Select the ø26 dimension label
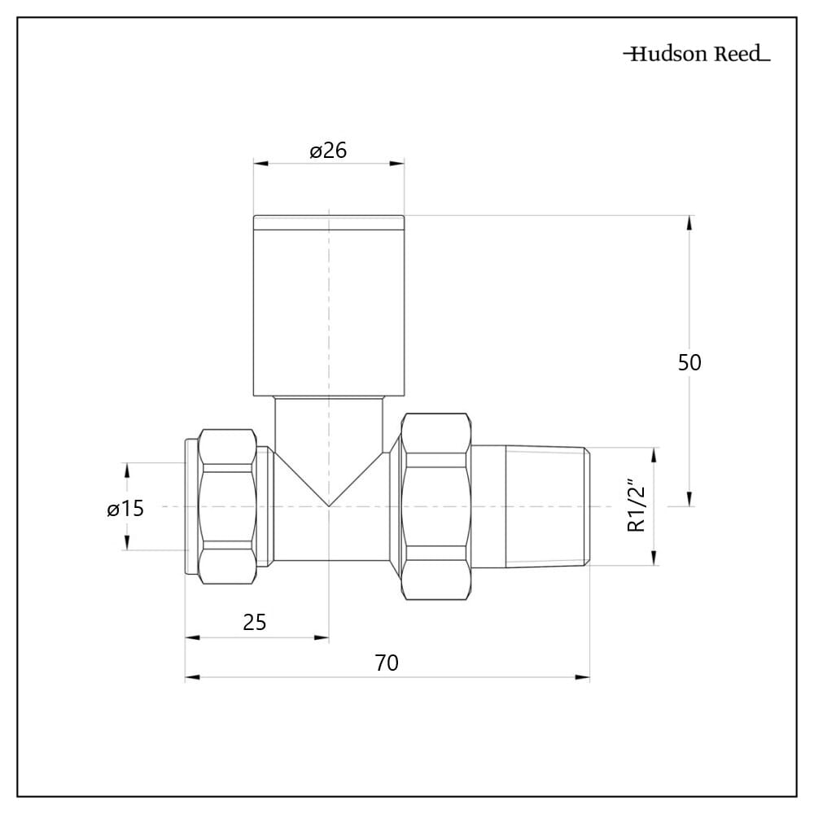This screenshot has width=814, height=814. pyautogui.click(x=328, y=151)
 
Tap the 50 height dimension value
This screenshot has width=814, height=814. pyautogui.click(x=689, y=362)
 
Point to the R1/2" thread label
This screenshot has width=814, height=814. pyautogui.click(x=637, y=506)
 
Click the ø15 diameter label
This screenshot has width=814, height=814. pyautogui.click(x=125, y=509)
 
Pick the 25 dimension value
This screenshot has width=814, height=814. pyautogui.click(x=255, y=622)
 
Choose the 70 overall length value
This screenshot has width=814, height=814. pyautogui.click(x=387, y=663)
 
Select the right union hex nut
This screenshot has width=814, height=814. pyautogui.click(x=436, y=506)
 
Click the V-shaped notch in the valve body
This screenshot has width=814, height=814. pyautogui.click(x=328, y=488)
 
